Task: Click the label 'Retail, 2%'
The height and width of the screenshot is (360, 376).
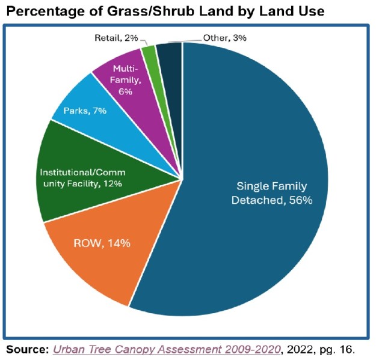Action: pos(117,38)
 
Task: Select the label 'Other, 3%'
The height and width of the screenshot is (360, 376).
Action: pos(224,38)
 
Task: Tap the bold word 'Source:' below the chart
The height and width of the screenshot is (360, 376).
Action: pos(26,349)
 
